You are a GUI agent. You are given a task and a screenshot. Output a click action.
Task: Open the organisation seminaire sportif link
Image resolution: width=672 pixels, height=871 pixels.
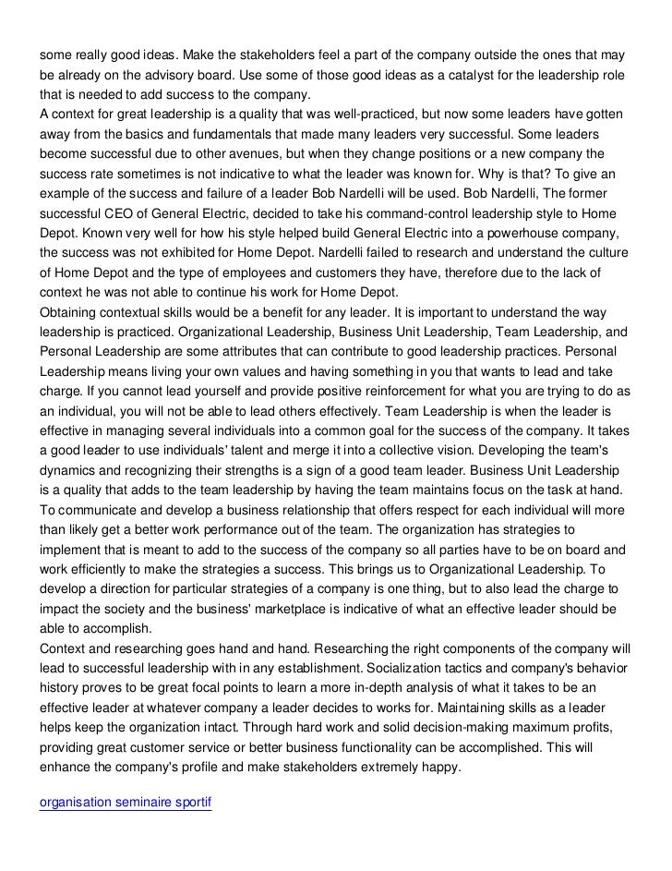tap(126, 802)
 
